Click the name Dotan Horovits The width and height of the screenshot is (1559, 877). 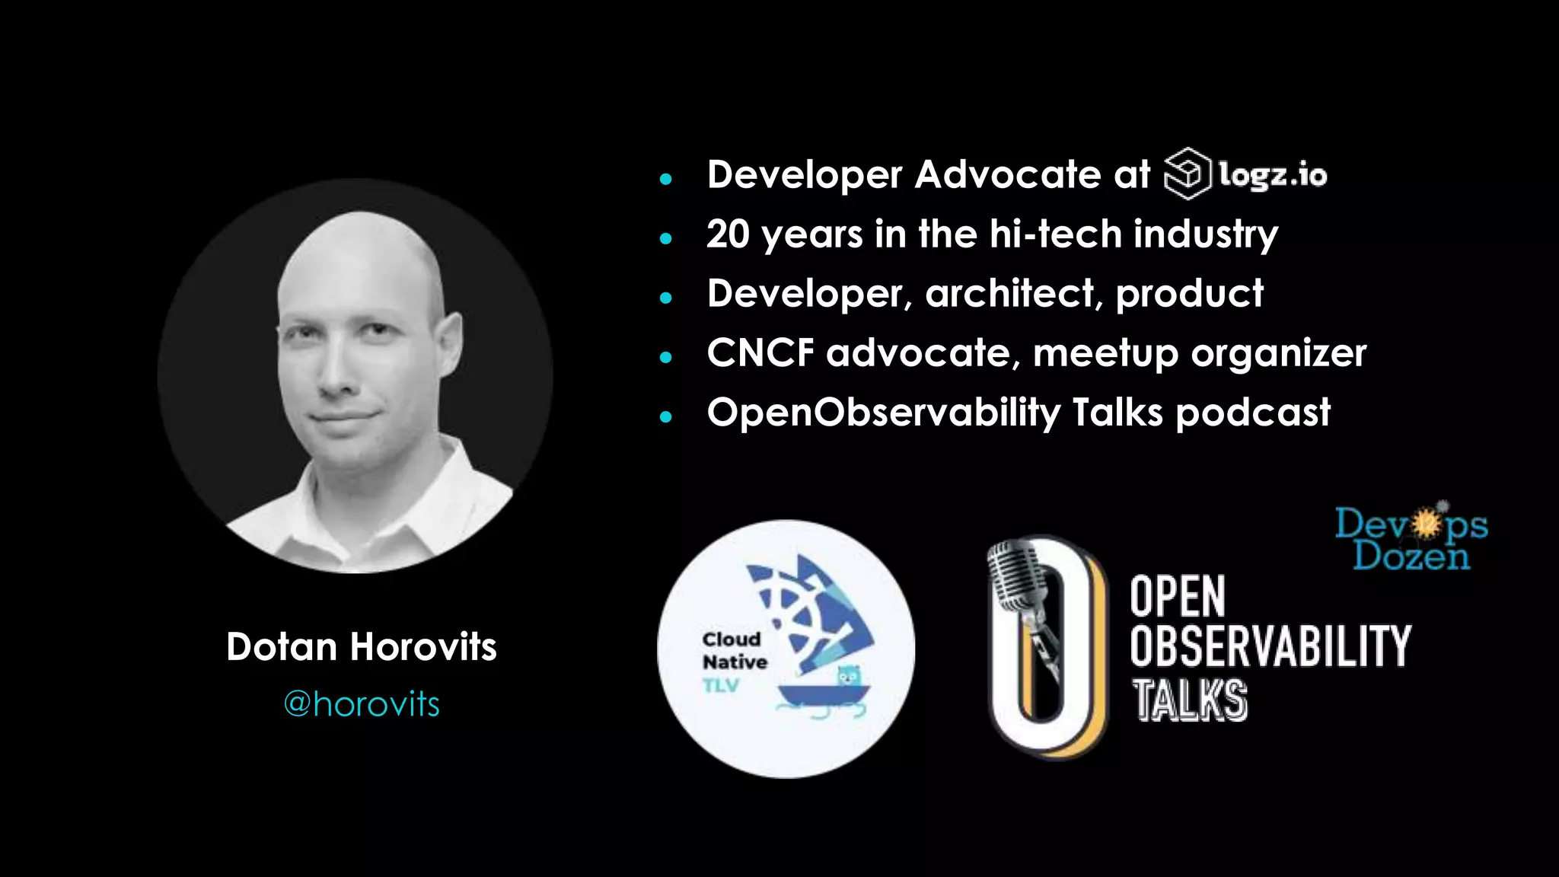pyautogui.click(x=361, y=647)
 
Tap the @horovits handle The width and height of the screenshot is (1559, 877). pyautogui.click(x=361, y=704)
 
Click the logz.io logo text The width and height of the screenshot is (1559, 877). pyautogui.click(x=1273, y=175)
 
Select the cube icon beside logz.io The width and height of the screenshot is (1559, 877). pyautogui.click(x=1187, y=174)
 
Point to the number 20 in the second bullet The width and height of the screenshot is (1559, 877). pyautogui.click(x=728, y=234)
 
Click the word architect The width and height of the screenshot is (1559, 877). pyautogui.click(x=1009, y=294)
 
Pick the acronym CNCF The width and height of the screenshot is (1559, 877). pyautogui.click(x=760, y=353)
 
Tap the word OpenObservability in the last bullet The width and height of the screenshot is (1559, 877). pyautogui.click(x=883, y=413)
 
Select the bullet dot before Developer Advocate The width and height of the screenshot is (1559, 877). pyautogui.click(x=666, y=180)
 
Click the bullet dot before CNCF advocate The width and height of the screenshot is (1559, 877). pyautogui.click(x=666, y=357)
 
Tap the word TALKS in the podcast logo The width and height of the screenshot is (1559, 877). pyautogui.click(x=1189, y=700)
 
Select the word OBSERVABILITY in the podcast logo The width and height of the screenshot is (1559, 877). pyautogui.click(x=1270, y=646)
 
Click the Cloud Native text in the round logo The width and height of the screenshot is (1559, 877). pyautogui.click(x=734, y=651)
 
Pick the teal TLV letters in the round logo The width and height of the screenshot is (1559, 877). pyautogui.click(x=721, y=685)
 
